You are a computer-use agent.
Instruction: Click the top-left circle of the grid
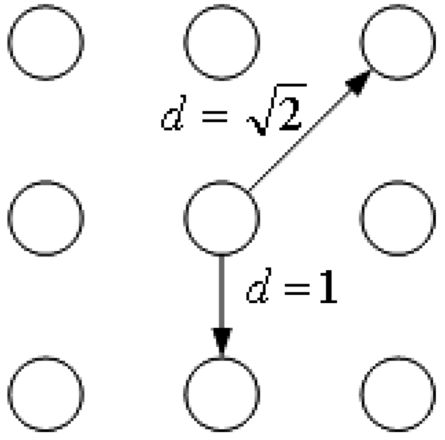pos(45,42)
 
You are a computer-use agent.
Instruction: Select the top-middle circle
pos(221,42)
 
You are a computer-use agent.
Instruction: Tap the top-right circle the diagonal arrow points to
pos(397,42)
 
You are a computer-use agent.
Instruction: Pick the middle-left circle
pos(45,217)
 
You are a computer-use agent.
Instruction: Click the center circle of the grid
pos(221,217)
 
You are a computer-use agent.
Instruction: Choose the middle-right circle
pos(397,217)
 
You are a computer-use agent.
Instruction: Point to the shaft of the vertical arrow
pos(221,290)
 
